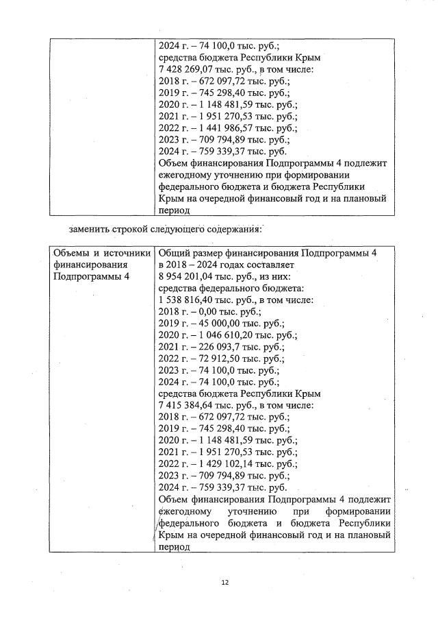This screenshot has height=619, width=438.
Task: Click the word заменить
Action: pos(90,228)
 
